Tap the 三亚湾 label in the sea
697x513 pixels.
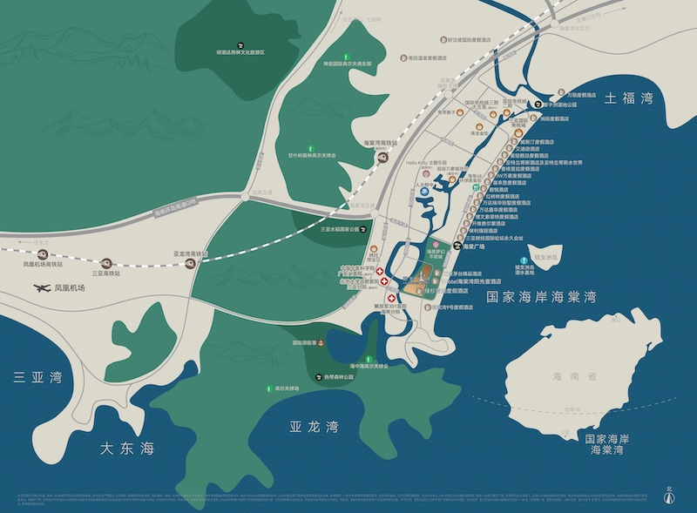tap(39, 378)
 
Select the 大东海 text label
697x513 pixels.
tap(127, 449)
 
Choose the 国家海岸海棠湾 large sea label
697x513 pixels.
tap(540, 297)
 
